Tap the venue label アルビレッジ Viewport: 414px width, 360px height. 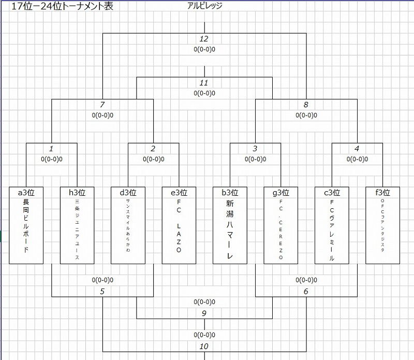205,7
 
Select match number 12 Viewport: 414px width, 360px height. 204,39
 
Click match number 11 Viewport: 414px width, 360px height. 204,83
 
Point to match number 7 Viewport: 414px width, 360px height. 102,105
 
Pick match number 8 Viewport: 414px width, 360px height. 306,105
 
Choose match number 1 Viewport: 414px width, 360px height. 52,149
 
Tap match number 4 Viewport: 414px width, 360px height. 357,149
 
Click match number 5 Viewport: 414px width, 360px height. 102,291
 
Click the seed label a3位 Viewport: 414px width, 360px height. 26,192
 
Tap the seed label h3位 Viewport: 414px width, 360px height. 77,192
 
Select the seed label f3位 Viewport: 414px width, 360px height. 382,192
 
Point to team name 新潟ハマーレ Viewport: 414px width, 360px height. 230,231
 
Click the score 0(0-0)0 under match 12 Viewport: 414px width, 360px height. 204,50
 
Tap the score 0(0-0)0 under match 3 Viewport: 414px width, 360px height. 255,159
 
